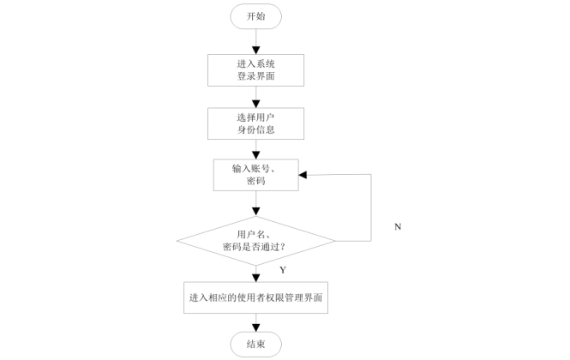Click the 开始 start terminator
(255, 16)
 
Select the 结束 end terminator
(255, 344)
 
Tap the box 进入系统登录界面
(255, 70)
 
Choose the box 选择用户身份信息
(255, 123)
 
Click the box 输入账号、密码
(255, 175)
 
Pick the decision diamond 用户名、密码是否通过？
(255, 240)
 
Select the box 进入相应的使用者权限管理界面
(255, 297)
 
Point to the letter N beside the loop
(398, 226)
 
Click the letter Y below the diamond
(283, 270)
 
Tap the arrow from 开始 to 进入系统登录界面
(255, 42)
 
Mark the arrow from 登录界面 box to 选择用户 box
(255, 96)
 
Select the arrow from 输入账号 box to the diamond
(255, 203)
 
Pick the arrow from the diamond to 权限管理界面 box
(255, 273)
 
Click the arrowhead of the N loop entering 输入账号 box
(303, 175)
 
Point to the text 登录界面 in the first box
(255, 77)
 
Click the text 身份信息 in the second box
(255, 130)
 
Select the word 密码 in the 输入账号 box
(255, 182)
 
